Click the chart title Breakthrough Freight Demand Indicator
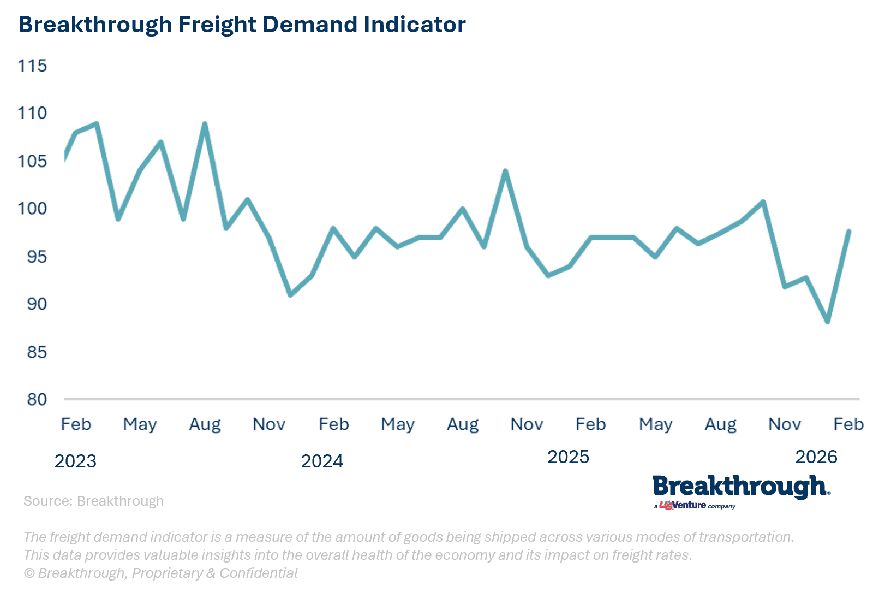tap(242, 25)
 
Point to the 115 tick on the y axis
tap(32, 66)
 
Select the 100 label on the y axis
tap(32, 209)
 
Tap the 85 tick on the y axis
tap(37, 352)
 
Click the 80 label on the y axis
tap(37, 399)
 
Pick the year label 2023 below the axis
tap(75, 461)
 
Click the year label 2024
tap(322, 461)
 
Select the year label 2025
tap(568, 457)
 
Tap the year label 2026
tap(816, 457)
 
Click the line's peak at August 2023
tap(205, 124)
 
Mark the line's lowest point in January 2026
tap(828, 322)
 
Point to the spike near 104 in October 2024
tap(505, 171)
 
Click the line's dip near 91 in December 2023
tap(290, 295)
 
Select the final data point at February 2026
tap(849, 231)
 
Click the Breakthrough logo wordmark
tap(740, 487)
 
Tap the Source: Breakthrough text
tap(93, 501)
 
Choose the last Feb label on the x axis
tap(848, 424)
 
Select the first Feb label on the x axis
tap(76, 424)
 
